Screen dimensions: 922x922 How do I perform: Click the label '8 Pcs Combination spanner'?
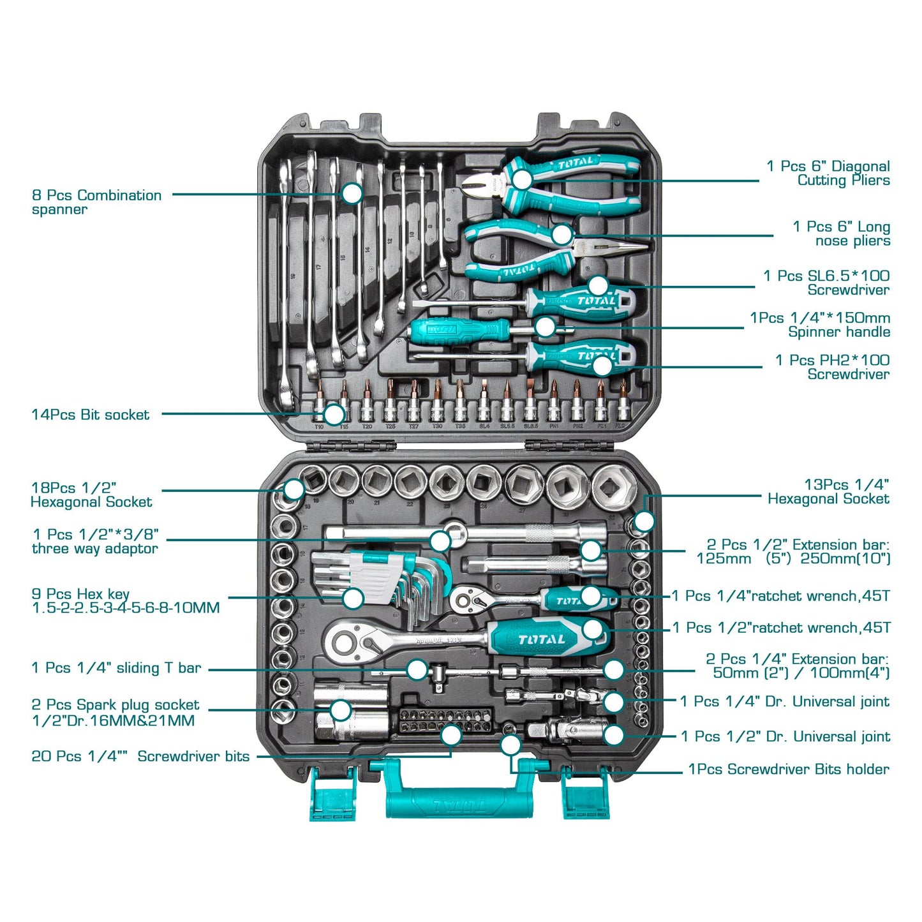point(96,202)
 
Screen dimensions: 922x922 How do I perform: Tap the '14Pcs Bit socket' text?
point(90,415)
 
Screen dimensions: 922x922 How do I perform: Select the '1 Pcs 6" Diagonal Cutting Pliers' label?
point(828,173)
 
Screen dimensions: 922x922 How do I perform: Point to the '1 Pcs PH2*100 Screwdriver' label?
point(832,367)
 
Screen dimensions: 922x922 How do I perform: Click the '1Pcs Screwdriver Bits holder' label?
point(788,769)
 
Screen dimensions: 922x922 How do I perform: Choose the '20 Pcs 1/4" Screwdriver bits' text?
point(140,756)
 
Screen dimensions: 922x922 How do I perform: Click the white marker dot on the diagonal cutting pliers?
point(521,179)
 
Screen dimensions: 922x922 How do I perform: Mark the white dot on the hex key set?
point(352,598)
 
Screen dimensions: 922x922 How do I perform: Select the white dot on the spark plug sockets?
point(341,710)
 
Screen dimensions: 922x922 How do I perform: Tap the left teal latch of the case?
point(332,795)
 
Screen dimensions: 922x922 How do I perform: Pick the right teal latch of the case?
point(585,795)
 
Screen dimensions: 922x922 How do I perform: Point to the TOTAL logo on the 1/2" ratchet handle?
point(541,639)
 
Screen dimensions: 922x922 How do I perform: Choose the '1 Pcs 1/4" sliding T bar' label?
point(116,668)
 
